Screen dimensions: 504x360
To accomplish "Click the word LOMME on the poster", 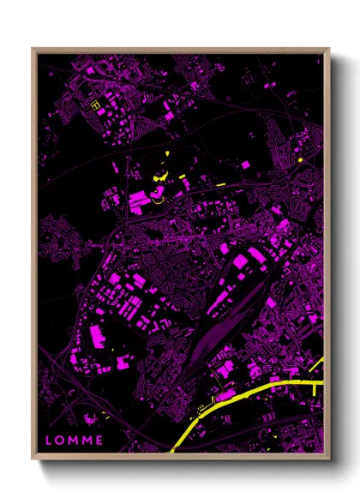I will [75, 441].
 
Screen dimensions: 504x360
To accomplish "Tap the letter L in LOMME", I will [49, 441].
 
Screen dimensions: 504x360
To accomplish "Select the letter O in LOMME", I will [61, 441].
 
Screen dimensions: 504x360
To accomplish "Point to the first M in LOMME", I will [75, 441].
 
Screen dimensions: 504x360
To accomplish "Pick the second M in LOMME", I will [88, 441].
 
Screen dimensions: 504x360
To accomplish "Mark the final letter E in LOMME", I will [100, 441].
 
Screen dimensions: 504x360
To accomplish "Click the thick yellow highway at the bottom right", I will [249, 398].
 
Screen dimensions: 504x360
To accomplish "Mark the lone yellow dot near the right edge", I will [302, 160].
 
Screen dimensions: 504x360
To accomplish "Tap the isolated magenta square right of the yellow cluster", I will [245, 163].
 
